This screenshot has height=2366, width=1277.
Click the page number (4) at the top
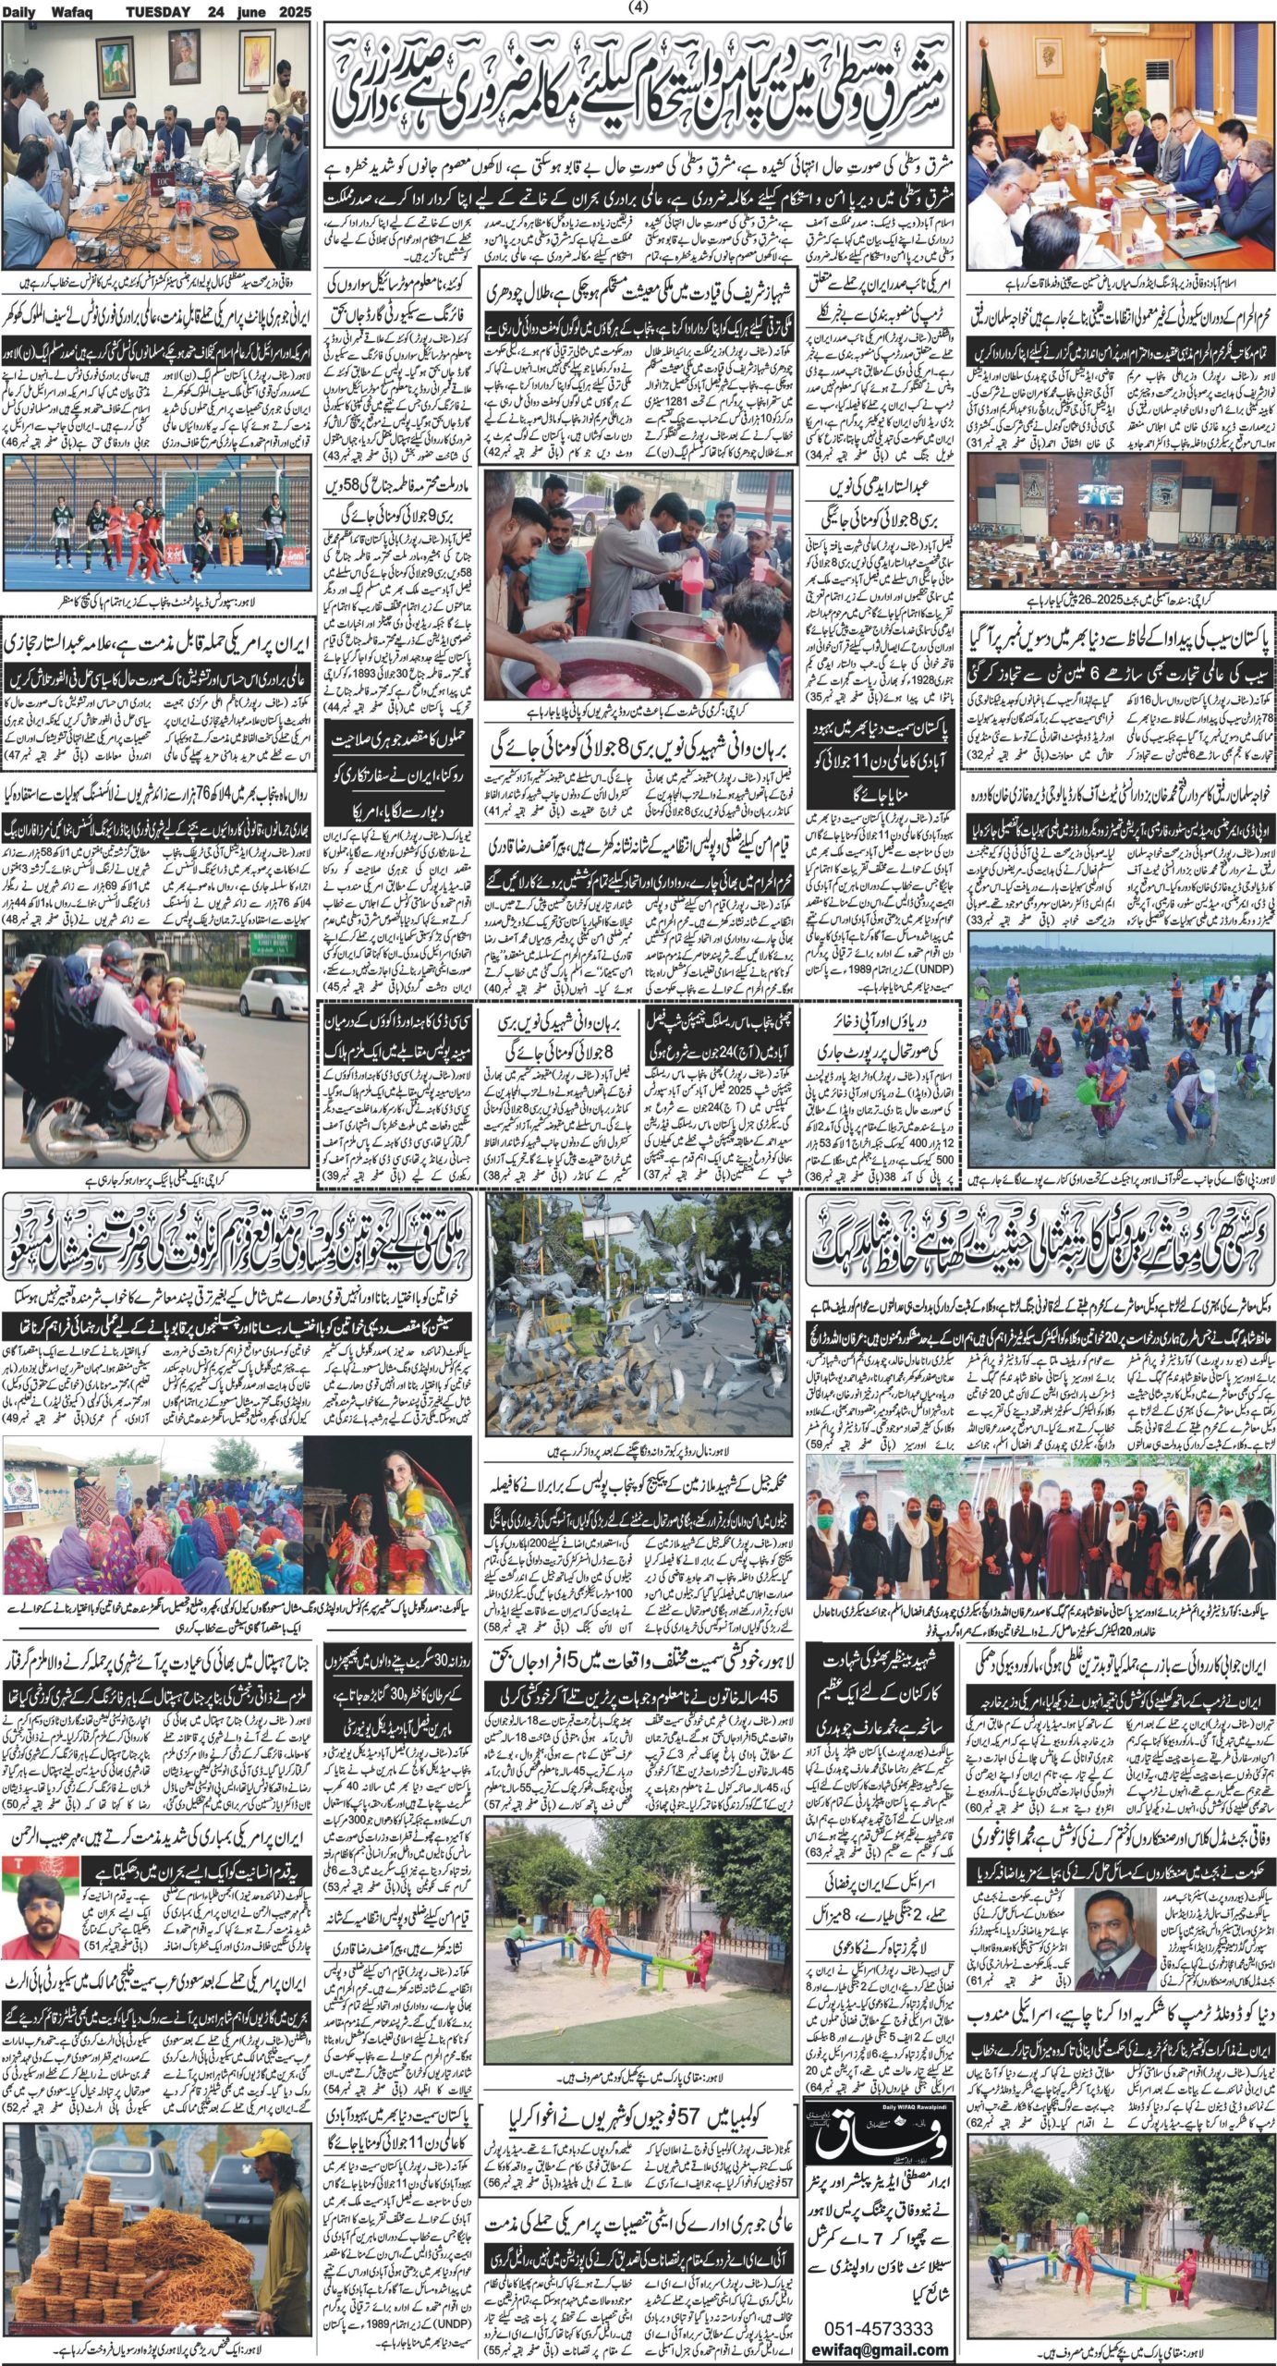638,8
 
